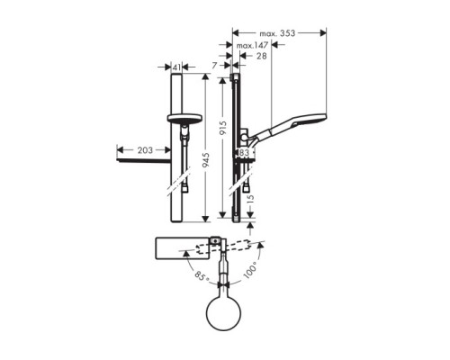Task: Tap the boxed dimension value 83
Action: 243,154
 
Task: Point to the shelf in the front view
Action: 144,163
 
